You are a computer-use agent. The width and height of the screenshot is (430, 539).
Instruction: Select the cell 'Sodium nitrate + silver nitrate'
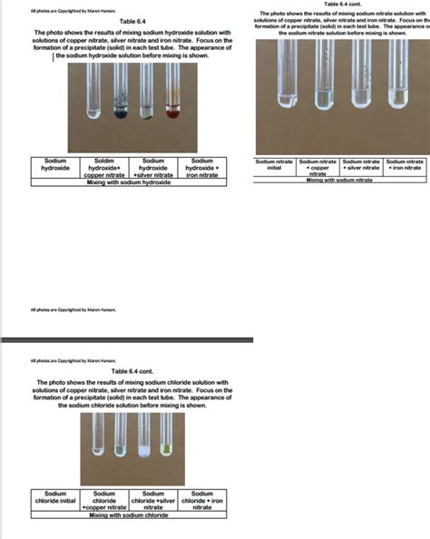(362, 164)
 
